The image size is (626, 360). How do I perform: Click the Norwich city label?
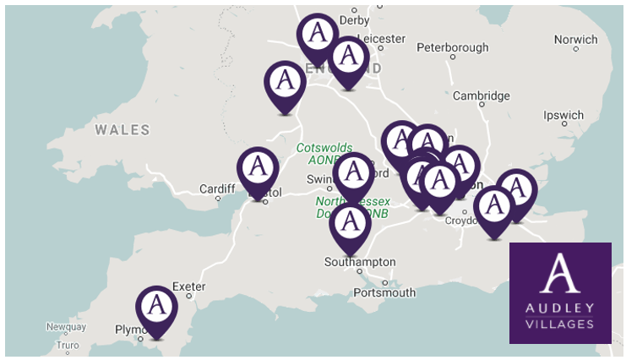pyautogui.click(x=575, y=40)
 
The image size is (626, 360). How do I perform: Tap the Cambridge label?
pyautogui.click(x=481, y=95)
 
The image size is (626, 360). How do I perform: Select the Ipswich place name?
pyautogui.click(x=563, y=116)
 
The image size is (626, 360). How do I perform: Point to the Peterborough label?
pyautogui.click(x=453, y=47)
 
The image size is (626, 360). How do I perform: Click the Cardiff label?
pyautogui.click(x=216, y=188)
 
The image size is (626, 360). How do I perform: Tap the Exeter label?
pyautogui.click(x=188, y=286)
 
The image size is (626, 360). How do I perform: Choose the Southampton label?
pyautogui.click(x=360, y=262)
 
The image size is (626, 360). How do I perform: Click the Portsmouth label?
pyautogui.click(x=385, y=292)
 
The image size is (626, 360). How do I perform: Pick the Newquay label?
pyautogui.click(x=67, y=327)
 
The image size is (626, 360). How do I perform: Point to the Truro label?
pyautogui.click(x=67, y=346)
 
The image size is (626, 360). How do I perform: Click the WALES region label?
pyautogui.click(x=122, y=130)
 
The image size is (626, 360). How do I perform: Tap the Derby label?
pyautogui.click(x=354, y=20)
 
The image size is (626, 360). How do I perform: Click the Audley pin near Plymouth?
pyautogui.click(x=155, y=309)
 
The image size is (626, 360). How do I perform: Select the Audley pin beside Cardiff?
pyautogui.click(x=258, y=171)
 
